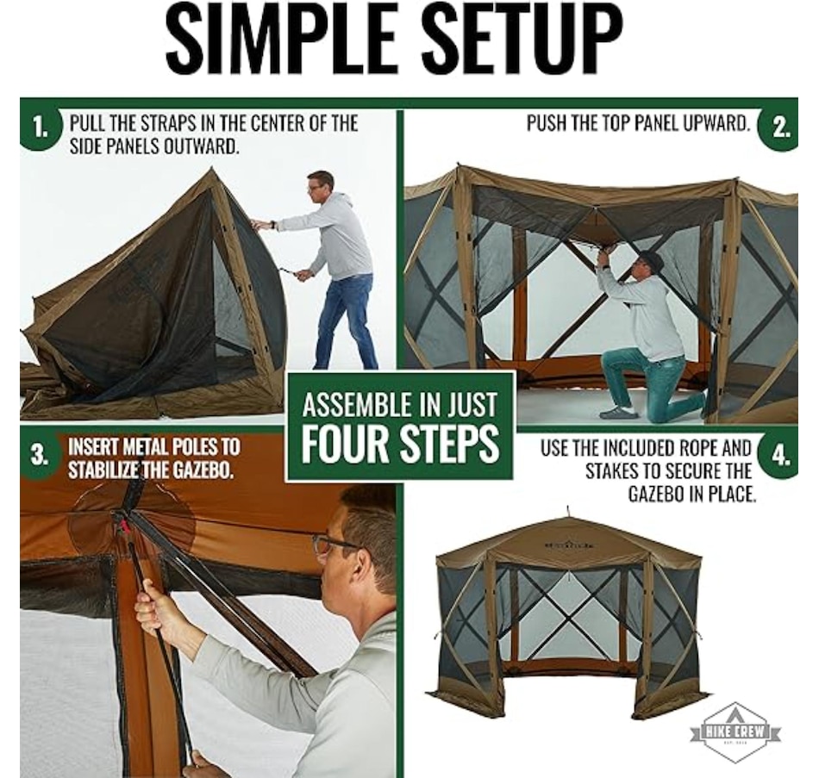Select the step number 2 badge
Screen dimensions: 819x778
tap(779, 128)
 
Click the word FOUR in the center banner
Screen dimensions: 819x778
tap(347, 445)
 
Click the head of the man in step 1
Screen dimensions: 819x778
tap(320, 188)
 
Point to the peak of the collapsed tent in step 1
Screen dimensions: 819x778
tap(211, 168)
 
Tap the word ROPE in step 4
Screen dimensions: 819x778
tap(700, 447)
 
